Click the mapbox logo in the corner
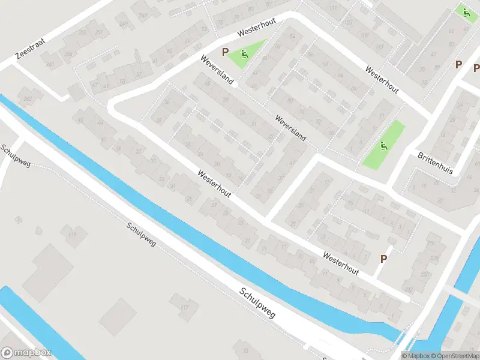[26, 353]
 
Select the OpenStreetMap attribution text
[454, 356]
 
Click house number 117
[185, 308]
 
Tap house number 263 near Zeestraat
[28, 98]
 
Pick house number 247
[143, 15]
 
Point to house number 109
[364, 35]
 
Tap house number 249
[124, 24]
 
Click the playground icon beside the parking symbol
[244, 54]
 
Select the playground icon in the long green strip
[383, 145]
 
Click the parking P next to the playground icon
[226, 52]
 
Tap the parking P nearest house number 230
[383, 259]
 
